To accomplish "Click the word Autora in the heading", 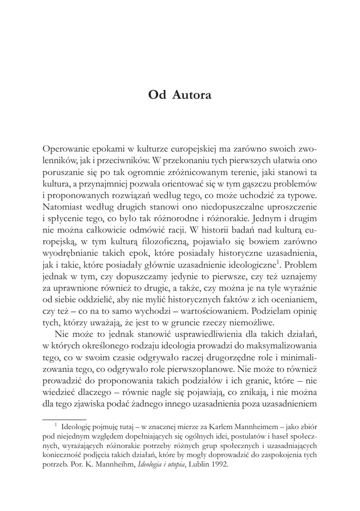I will point(191,95).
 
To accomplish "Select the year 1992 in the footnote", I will point(218,465).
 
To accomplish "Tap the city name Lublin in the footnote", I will point(195,465).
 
